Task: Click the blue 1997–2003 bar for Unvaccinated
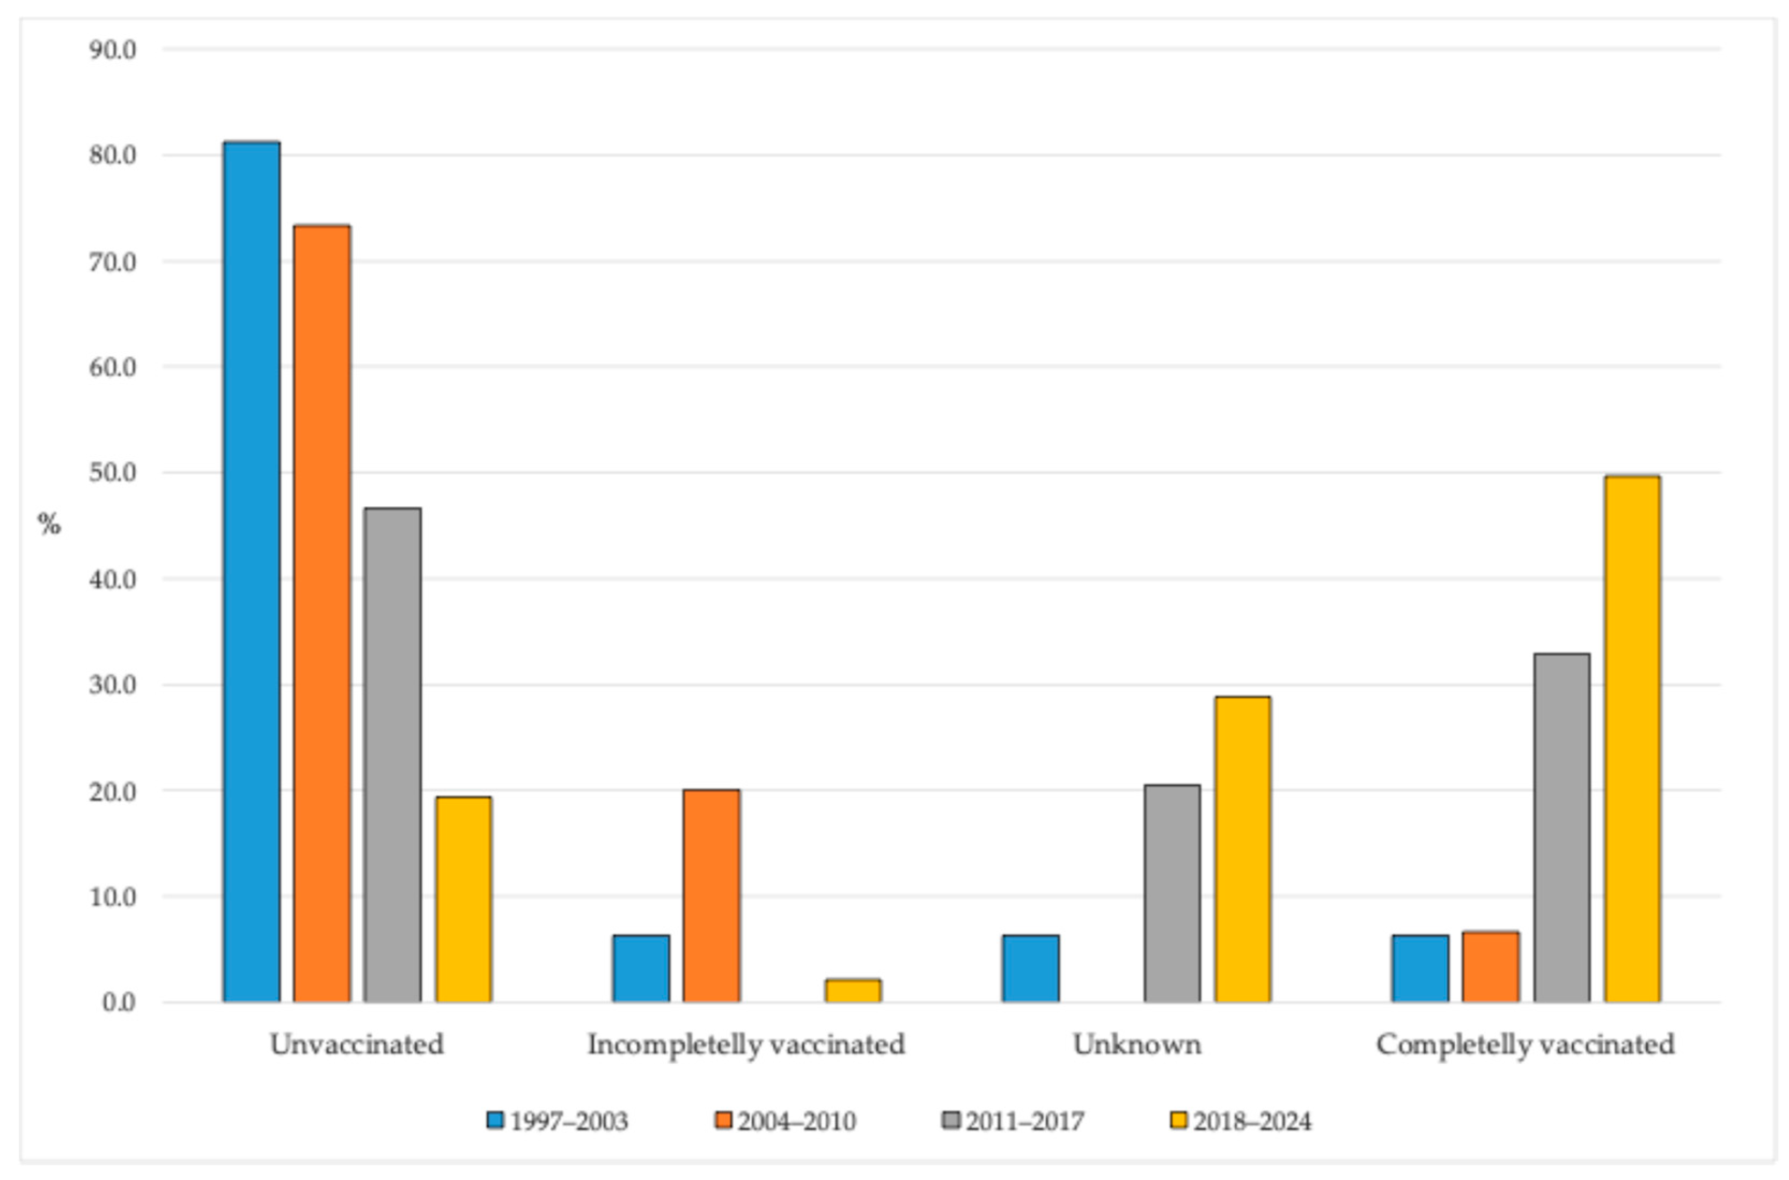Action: [x=252, y=572]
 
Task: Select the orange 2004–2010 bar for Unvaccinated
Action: [x=322, y=613]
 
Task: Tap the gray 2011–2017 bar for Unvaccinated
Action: [x=392, y=755]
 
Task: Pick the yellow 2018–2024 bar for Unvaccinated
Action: [x=463, y=899]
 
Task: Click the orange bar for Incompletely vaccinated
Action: [x=712, y=896]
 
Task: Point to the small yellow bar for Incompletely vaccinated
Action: [x=853, y=990]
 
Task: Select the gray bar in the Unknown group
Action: [x=1172, y=893]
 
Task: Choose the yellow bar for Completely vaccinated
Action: [x=1632, y=739]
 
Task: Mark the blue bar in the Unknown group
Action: [x=1031, y=969]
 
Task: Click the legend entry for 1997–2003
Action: [x=557, y=1122]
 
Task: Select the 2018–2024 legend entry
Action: [x=1241, y=1122]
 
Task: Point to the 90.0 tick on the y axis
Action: [x=113, y=50]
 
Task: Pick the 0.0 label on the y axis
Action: [x=119, y=1002]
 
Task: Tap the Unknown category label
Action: [x=1137, y=1044]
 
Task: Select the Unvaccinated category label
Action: [x=357, y=1044]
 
